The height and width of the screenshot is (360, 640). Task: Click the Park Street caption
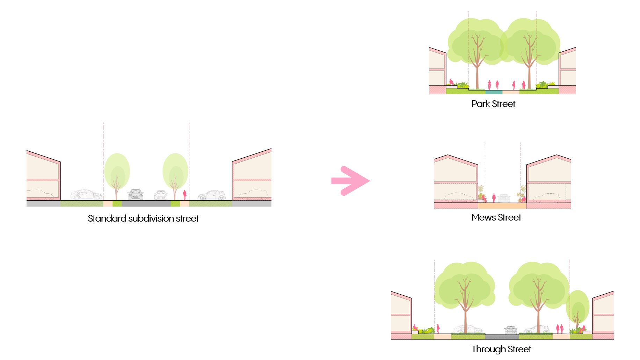(x=493, y=104)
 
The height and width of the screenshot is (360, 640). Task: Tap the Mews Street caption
(x=496, y=217)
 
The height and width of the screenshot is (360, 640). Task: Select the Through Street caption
(x=501, y=349)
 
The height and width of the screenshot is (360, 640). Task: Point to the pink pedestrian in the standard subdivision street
(x=184, y=195)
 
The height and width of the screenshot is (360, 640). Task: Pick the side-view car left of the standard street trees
(x=86, y=195)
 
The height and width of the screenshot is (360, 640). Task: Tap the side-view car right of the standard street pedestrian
(x=212, y=195)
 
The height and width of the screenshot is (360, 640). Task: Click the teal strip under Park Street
(x=494, y=92)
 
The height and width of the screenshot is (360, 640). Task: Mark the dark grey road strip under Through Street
(x=502, y=337)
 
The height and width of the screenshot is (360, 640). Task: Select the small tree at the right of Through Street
(x=577, y=308)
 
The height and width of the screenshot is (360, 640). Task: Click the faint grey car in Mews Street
(x=504, y=198)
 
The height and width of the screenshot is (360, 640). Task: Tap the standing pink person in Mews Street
(x=494, y=198)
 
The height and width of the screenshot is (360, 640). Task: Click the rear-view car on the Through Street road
(x=510, y=330)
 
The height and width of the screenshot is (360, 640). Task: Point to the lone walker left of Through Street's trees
(x=438, y=329)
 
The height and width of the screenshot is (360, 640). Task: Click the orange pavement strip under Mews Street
(x=502, y=206)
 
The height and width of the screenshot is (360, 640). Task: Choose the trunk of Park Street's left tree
(x=477, y=70)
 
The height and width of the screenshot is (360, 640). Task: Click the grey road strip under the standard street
(x=146, y=203)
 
